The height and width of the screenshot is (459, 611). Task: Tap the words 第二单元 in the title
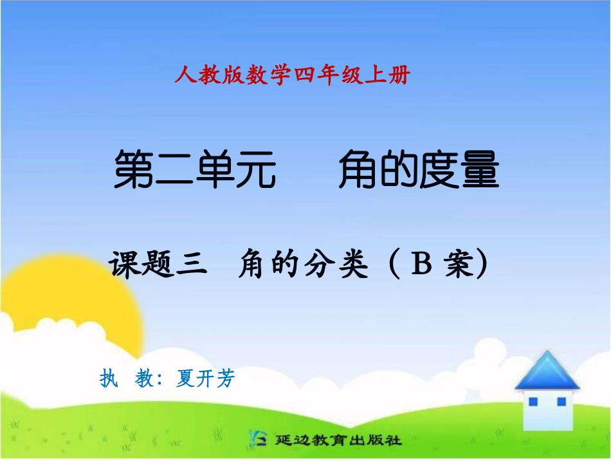tap(195, 170)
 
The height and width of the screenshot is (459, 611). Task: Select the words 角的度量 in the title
tap(419, 170)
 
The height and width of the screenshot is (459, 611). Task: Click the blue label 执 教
tap(125, 379)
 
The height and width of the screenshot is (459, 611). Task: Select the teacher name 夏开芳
tap(205, 379)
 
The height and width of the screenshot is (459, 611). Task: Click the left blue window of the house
tap(533, 402)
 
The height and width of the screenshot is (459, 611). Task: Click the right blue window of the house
tap(561, 402)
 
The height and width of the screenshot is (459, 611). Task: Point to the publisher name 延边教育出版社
tap(338, 441)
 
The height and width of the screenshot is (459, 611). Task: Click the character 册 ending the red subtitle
tap(399, 77)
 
